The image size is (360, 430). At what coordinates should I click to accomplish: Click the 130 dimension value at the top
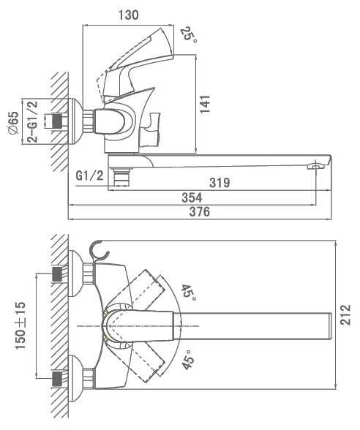click(x=129, y=15)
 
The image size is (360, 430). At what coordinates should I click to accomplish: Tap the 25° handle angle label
click(x=190, y=35)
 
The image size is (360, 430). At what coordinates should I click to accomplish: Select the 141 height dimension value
click(x=205, y=104)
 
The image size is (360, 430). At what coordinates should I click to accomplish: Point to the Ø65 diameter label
click(x=14, y=123)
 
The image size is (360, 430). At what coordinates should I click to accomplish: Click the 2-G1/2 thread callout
click(x=32, y=121)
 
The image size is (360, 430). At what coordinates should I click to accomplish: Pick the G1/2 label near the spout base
click(x=90, y=176)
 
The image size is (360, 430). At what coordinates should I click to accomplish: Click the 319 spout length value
click(x=220, y=183)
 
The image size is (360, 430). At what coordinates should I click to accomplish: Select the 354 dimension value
click(x=192, y=197)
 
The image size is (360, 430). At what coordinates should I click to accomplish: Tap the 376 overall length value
click(x=200, y=212)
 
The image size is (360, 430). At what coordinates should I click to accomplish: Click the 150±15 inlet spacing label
click(x=20, y=325)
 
